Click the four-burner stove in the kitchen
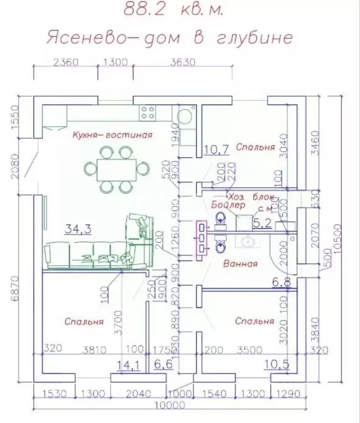coord(148,113)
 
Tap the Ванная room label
coord(241,264)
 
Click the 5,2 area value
coord(263,223)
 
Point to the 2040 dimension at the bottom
coord(137,394)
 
